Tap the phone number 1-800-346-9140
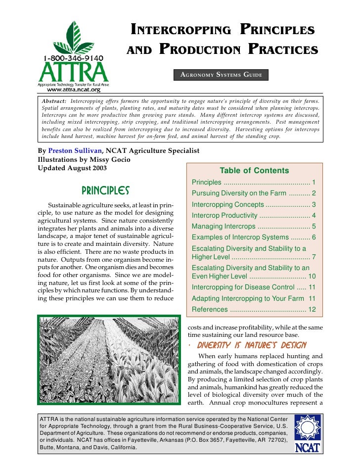(x=73, y=58)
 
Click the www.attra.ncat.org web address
(x=73, y=90)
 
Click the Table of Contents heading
(x=254, y=171)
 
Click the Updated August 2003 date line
(x=72, y=168)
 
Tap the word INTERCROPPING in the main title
(x=180, y=30)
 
